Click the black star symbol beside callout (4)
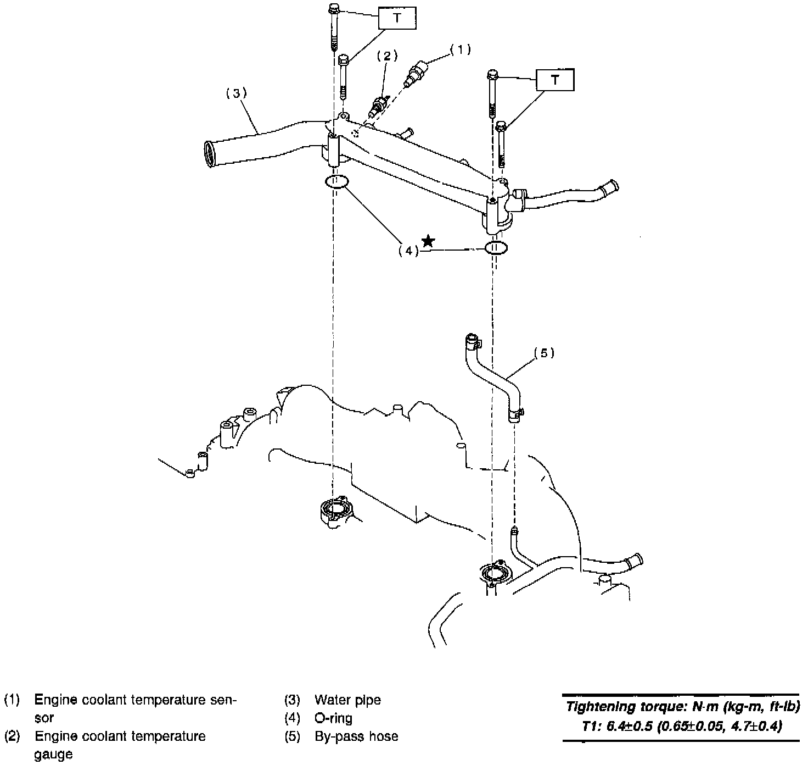tap(429, 241)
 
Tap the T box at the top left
tap(397, 18)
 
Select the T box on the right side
tap(555, 80)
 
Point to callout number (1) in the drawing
tap(461, 49)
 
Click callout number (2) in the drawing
tap(387, 56)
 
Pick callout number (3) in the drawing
tap(237, 93)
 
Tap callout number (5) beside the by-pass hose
tap(544, 353)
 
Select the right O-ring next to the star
tap(495, 248)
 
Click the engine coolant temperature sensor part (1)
tap(417, 74)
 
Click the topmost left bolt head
tap(334, 9)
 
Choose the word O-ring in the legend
tap(334, 718)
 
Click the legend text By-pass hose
tap(356, 736)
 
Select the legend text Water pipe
tap(347, 700)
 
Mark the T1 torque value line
tap(682, 726)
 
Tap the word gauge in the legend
tap(53, 754)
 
